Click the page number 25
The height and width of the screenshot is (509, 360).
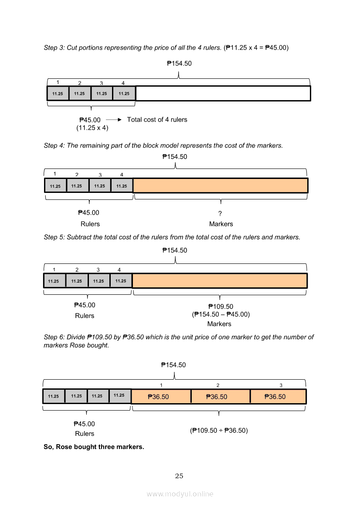179,476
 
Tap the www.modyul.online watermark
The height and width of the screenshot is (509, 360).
180,494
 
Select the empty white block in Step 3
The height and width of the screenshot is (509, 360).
223,93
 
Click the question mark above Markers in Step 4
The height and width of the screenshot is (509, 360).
221,213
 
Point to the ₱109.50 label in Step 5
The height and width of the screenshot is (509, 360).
221,307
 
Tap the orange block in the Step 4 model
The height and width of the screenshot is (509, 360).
220,185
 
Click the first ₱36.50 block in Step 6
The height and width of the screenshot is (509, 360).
161,396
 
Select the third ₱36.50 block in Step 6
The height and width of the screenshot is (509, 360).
278,396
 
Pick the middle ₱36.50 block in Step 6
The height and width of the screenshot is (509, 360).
220,396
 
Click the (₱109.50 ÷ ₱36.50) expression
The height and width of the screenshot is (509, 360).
219,430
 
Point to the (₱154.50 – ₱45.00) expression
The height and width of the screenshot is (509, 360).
221,315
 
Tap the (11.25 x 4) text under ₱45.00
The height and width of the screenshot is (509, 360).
92,128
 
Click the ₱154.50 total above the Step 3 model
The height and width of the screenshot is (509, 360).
179,64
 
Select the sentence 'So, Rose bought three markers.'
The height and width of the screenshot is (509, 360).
94,447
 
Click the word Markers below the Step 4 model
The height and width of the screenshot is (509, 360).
221,224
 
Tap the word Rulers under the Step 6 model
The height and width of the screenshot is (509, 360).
85,434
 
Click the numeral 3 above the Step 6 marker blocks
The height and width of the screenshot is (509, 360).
281,385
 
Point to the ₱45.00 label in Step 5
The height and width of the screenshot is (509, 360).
85,306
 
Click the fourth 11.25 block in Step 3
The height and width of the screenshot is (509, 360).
124,93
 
